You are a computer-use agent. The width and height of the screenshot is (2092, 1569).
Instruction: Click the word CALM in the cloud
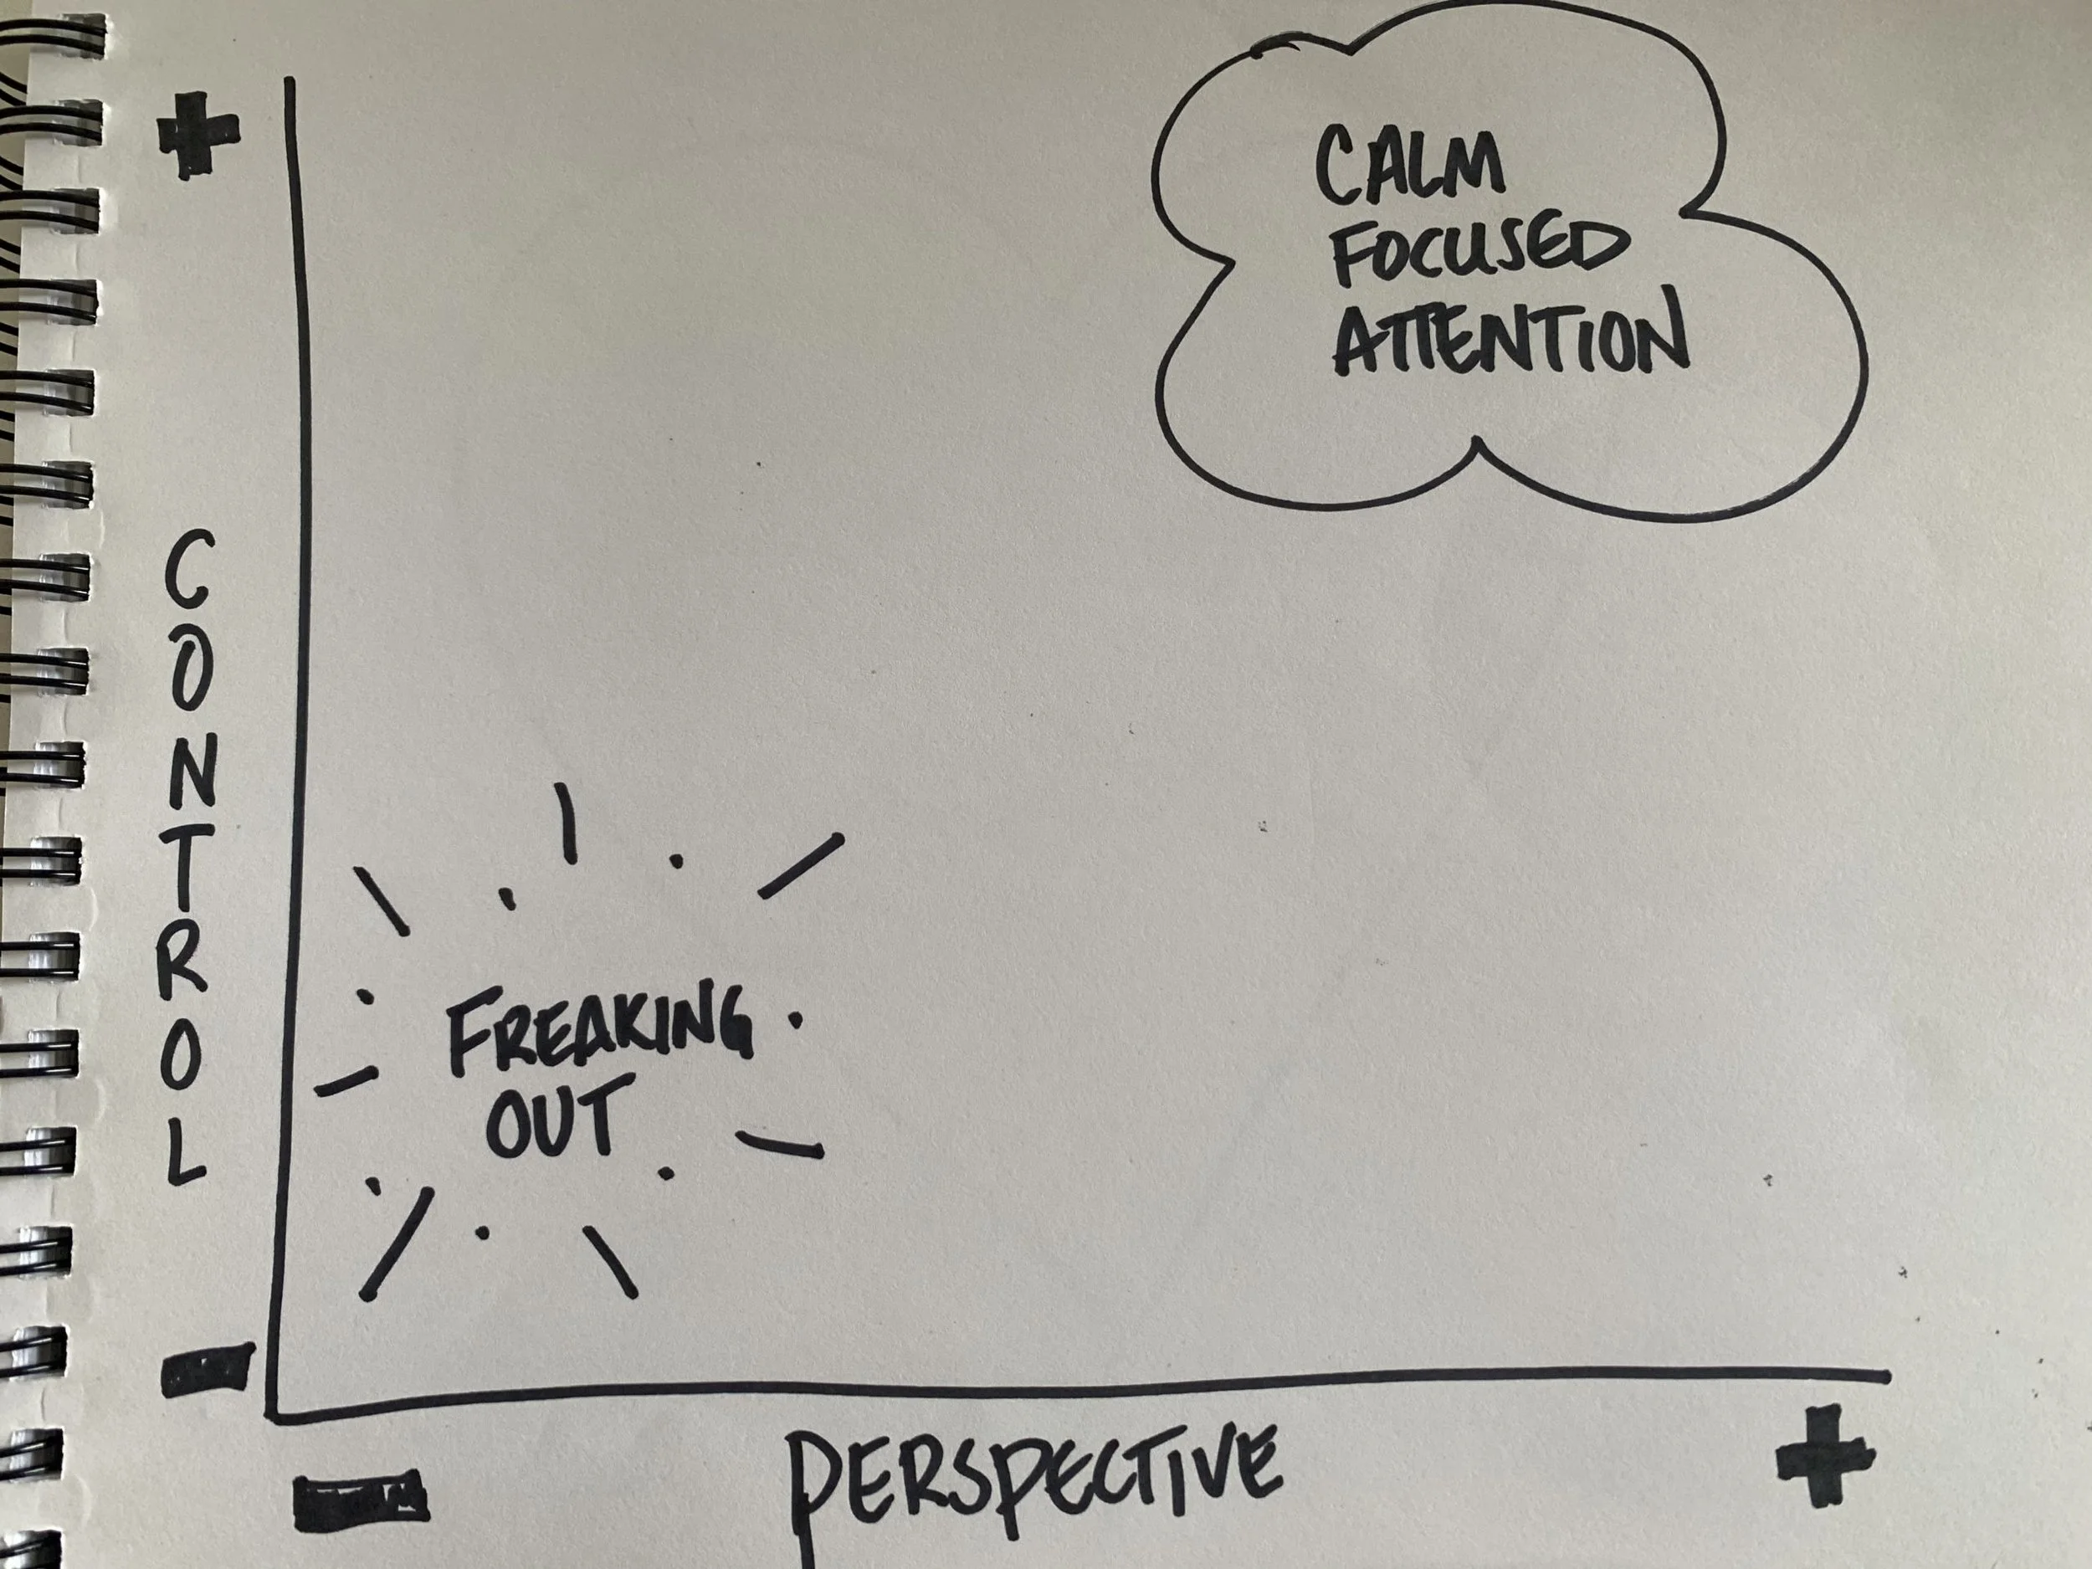(1408, 167)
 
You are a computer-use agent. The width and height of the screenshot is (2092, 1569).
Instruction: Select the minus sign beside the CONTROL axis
(208, 1371)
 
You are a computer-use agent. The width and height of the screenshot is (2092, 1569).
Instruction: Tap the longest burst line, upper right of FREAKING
(800, 865)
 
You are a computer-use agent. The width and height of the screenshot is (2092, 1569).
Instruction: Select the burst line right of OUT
(779, 1145)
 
